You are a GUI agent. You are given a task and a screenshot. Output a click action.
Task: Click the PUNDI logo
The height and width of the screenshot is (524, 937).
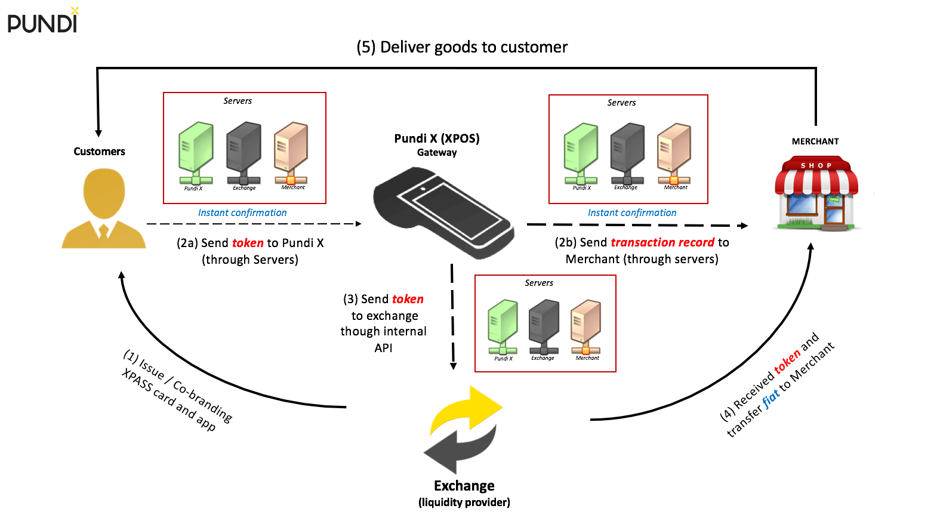(42, 21)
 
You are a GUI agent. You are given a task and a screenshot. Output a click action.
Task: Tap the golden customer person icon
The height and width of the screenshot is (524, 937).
(104, 209)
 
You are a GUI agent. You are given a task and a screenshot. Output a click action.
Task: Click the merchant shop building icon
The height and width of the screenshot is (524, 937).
(816, 194)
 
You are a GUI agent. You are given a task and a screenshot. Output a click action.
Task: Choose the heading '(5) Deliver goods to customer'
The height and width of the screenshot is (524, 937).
(462, 47)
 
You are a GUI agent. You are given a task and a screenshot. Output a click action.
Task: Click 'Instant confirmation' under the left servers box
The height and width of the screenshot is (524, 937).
(242, 212)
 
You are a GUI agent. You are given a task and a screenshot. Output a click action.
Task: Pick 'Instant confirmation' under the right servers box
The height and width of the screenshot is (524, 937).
(632, 212)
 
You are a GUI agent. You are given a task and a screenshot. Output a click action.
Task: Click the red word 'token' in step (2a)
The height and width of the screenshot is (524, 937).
(248, 243)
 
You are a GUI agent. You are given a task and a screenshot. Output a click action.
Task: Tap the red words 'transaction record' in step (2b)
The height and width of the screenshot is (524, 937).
(662, 242)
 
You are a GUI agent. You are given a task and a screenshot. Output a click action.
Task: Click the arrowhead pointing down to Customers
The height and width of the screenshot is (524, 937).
(98, 133)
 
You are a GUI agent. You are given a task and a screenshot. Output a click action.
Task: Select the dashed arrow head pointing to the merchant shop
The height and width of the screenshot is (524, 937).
(743, 226)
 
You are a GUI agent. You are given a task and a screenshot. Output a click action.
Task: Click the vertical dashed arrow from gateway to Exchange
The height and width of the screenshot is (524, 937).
(452, 316)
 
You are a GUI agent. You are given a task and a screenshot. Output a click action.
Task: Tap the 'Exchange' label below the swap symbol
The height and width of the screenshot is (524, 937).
(464, 485)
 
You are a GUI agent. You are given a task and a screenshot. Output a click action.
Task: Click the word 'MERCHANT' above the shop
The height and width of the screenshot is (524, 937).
(815, 141)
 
